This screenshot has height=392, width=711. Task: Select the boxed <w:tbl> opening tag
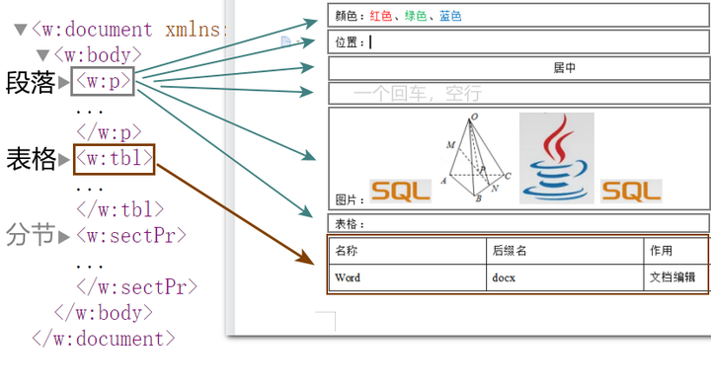pyautogui.click(x=115, y=158)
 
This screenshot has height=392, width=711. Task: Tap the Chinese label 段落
pyautogui.click(x=30, y=82)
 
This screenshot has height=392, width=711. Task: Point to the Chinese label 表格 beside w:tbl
pyautogui.click(x=30, y=158)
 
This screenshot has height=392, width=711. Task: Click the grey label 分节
pyautogui.click(x=30, y=236)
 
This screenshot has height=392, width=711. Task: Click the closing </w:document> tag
pyautogui.click(x=104, y=339)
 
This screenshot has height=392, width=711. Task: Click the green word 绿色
pyautogui.click(x=416, y=17)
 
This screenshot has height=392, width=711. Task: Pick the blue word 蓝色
pyautogui.click(x=450, y=17)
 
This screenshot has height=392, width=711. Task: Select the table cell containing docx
pyautogui.click(x=504, y=277)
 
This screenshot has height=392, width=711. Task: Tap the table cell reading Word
pyautogui.click(x=348, y=277)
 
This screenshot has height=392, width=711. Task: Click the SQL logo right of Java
pyautogui.click(x=631, y=192)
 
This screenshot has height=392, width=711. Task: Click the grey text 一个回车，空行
pyautogui.click(x=417, y=94)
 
